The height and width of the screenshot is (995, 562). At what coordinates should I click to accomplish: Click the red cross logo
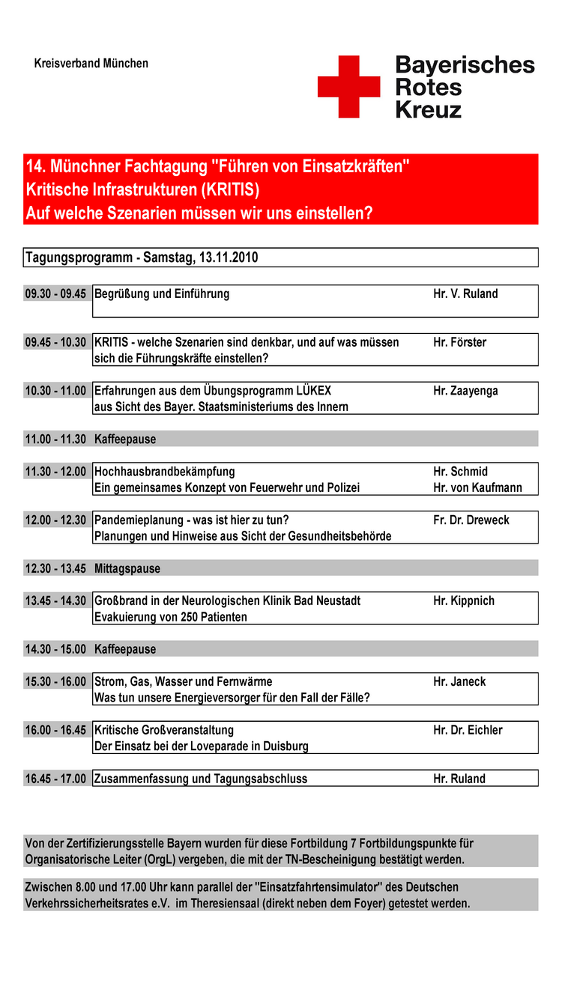click(348, 86)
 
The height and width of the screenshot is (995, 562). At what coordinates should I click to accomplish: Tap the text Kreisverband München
click(91, 64)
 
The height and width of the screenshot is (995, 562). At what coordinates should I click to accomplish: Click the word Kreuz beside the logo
click(428, 110)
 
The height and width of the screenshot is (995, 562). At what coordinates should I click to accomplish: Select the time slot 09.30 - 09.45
click(55, 294)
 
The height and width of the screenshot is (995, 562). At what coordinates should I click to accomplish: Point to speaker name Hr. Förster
click(459, 343)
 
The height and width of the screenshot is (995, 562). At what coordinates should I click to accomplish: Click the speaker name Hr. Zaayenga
click(465, 391)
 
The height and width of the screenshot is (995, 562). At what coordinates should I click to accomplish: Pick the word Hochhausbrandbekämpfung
click(164, 472)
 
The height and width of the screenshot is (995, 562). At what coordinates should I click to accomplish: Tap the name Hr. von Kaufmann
click(477, 488)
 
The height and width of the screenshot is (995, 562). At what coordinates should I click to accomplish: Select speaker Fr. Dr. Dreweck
click(471, 520)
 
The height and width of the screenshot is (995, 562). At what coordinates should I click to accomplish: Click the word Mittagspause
click(127, 569)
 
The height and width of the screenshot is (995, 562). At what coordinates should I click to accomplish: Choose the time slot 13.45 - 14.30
click(55, 601)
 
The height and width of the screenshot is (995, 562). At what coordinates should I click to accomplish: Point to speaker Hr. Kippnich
click(464, 601)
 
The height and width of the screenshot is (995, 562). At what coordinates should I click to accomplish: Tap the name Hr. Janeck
click(459, 682)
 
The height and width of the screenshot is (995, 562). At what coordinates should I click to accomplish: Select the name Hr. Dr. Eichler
click(468, 731)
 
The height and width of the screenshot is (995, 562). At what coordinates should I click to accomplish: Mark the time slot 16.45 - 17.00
click(55, 779)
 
